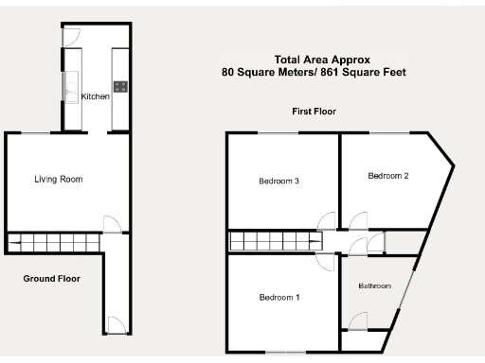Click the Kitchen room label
point(95,97)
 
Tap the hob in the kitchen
point(120,88)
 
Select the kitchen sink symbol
point(72,91)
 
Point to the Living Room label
point(59,179)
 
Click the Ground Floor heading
point(51,279)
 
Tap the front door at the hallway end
point(115,326)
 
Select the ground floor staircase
point(53,244)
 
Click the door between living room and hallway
point(112,224)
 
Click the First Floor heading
point(313,112)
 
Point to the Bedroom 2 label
point(388,176)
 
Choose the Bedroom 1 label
point(279,297)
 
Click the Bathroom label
point(374,285)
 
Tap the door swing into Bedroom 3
point(327,222)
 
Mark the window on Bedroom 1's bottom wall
point(281,353)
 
